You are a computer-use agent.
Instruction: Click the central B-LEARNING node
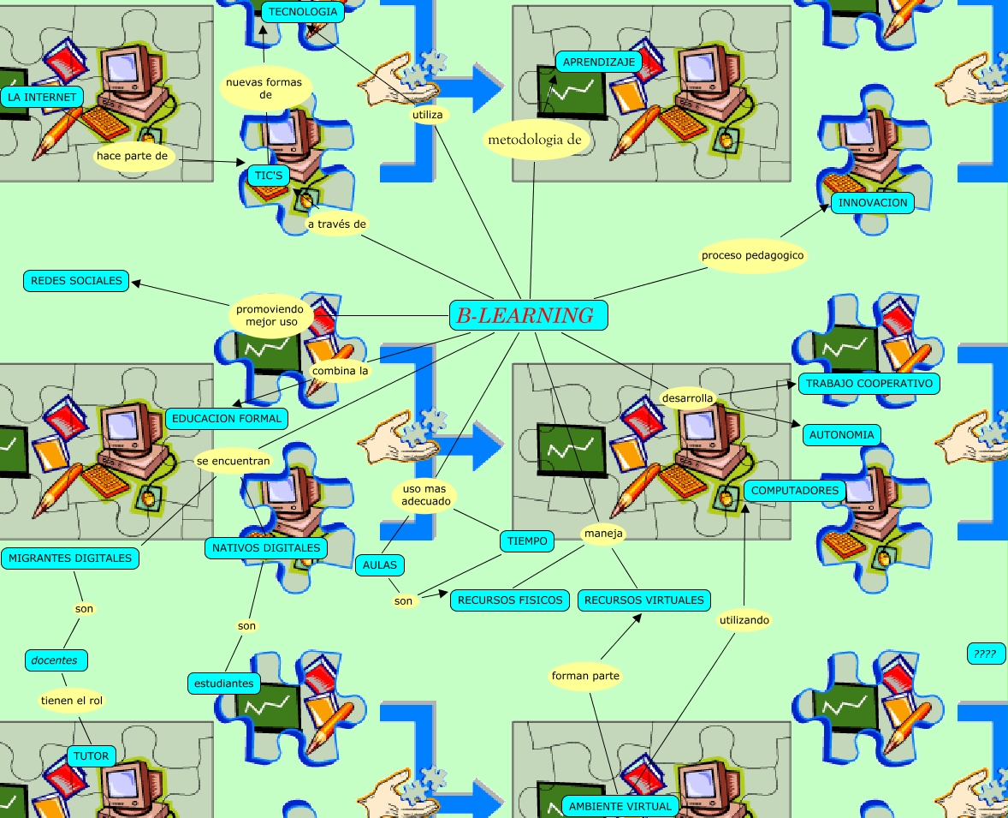528,315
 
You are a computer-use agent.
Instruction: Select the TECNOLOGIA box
303,12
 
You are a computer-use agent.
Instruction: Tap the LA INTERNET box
42,97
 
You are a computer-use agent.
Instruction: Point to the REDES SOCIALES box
76,280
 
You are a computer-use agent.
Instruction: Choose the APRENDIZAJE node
598,62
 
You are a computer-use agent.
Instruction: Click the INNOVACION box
872,203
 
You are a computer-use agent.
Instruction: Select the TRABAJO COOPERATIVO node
869,384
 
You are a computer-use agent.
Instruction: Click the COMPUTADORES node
795,491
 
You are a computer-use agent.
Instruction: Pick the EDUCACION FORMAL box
227,419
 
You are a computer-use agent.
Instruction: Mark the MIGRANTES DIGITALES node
70,558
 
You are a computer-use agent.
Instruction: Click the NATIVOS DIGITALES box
266,547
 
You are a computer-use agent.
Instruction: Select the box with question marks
986,654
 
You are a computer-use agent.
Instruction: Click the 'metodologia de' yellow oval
534,140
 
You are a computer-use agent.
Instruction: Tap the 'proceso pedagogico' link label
752,255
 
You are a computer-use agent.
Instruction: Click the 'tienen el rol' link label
72,701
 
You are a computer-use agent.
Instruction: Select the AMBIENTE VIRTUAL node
620,806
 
